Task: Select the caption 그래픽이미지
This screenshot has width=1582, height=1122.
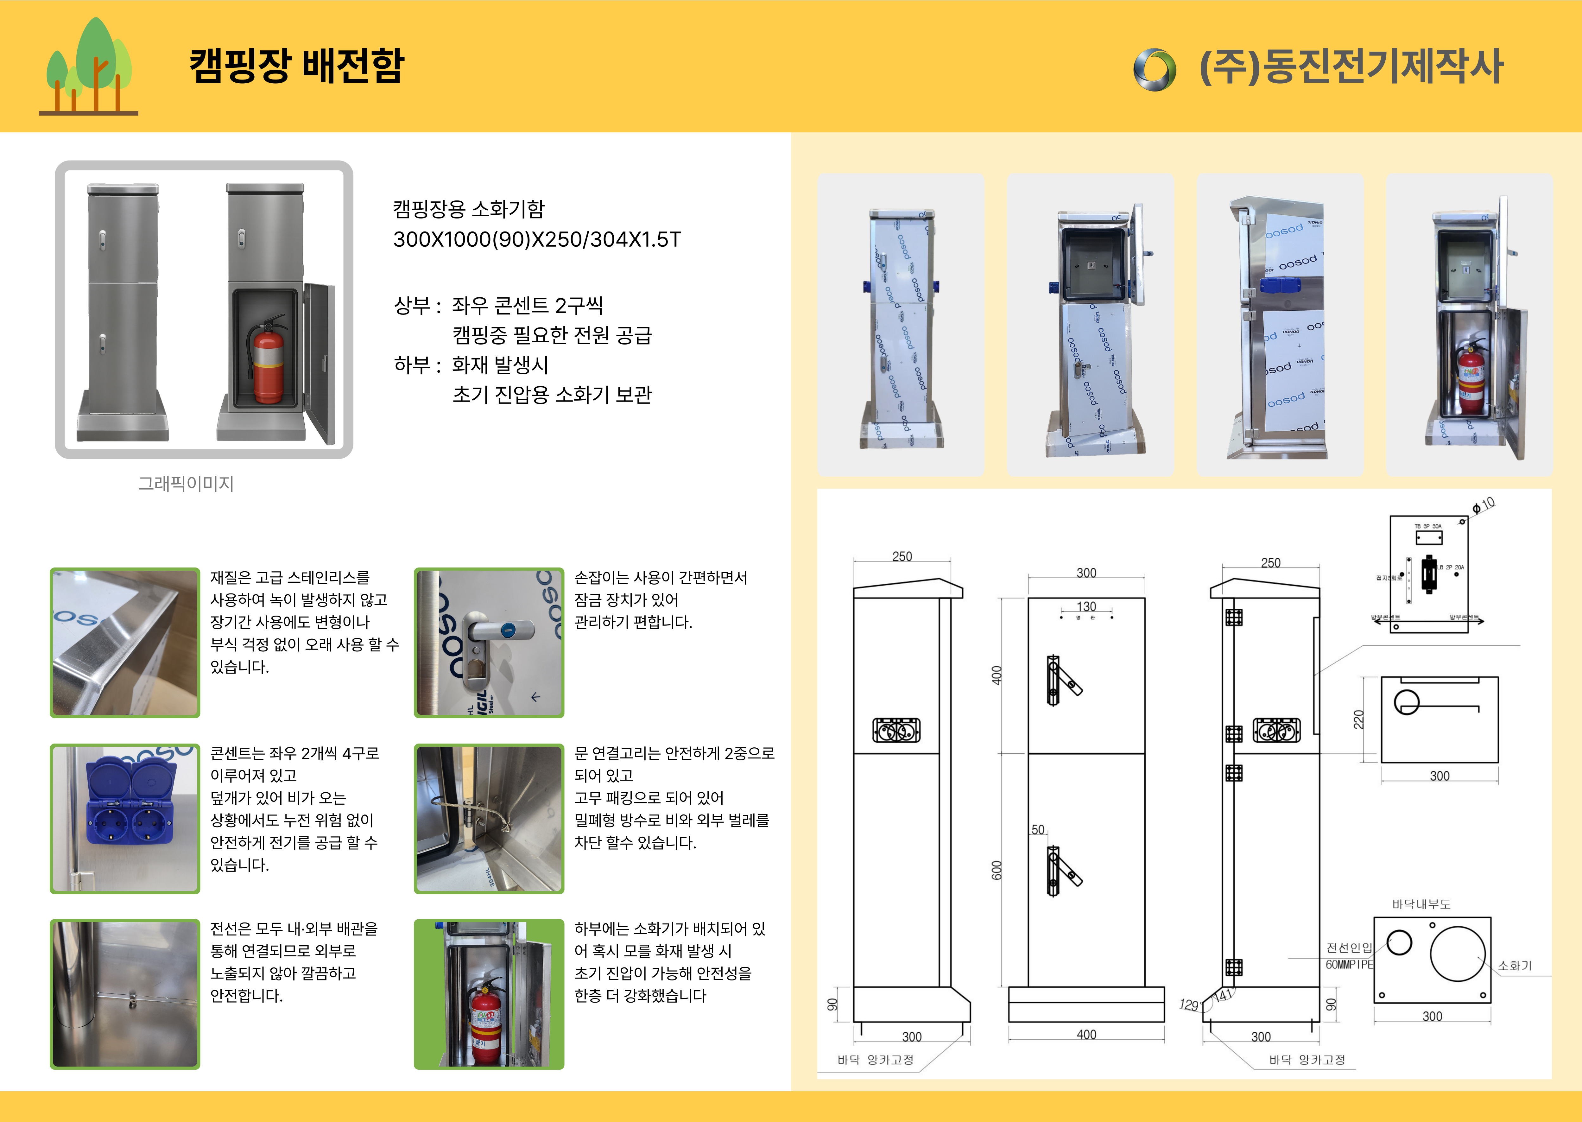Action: pos(186,484)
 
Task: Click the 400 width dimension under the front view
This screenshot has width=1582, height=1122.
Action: pos(1086,1034)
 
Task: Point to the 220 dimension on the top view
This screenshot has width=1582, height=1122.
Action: pos(1358,719)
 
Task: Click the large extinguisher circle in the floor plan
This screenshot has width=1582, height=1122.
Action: pos(1458,954)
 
